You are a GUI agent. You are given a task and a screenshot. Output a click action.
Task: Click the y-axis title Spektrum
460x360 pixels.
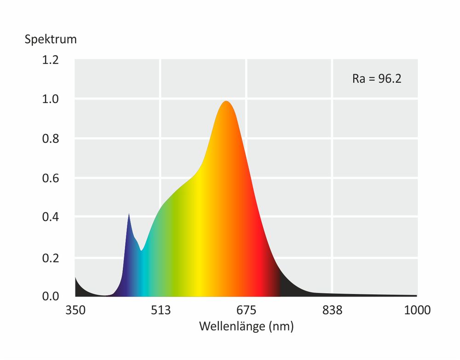(x=51, y=39)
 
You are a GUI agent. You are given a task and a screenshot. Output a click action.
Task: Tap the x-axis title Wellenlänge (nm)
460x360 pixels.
(x=246, y=326)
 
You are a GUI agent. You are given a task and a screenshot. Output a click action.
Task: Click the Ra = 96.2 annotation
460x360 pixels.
(x=377, y=78)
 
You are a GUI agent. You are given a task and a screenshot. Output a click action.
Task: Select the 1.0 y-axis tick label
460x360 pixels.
(x=50, y=99)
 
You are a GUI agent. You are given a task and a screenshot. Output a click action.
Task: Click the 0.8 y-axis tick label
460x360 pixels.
(x=50, y=139)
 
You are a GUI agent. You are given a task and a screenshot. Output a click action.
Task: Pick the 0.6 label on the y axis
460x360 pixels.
(x=50, y=178)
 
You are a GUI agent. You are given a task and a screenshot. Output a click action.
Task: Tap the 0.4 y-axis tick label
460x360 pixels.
(x=50, y=217)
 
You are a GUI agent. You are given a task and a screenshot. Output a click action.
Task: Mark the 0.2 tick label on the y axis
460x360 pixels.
(x=50, y=257)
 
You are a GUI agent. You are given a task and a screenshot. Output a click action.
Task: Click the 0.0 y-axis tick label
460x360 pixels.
(x=50, y=296)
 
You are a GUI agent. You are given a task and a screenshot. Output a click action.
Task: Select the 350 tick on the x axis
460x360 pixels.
(x=75, y=310)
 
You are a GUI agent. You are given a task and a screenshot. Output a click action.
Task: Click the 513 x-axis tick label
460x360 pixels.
(x=161, y=310)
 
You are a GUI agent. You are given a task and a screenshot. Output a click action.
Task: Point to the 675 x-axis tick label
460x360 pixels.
(x=247, y=310)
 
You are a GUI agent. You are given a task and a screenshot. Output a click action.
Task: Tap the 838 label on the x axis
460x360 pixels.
(x=333, y=310)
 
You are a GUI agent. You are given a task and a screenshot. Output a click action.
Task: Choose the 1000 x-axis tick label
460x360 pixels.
(x=418, y=310)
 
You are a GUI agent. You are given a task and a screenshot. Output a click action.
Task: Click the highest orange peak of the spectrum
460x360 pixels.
(x=226, y=102)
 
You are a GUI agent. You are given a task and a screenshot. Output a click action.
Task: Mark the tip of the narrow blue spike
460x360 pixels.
(x=129, y=214)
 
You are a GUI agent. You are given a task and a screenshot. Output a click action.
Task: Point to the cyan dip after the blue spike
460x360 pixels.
(x=141, y=250)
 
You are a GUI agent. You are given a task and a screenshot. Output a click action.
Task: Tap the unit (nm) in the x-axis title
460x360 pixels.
(x=281, y=326)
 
